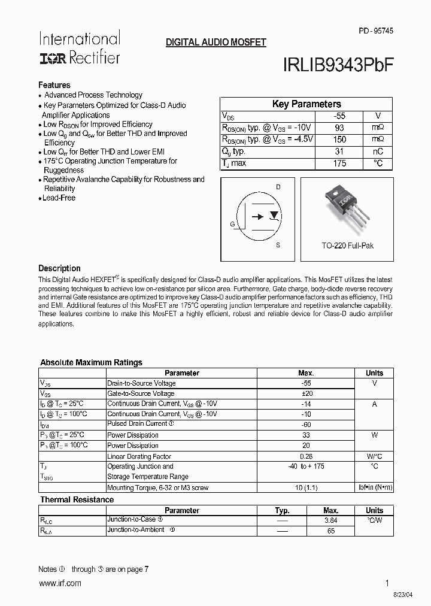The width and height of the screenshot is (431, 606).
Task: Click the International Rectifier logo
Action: point(80,48)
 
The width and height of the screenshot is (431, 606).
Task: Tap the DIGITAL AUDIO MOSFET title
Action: point(215,43)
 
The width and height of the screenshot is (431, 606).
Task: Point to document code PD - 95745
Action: point(376,31)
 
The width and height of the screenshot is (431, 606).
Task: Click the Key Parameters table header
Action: point(306,104)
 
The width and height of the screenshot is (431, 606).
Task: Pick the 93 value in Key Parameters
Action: point(339,128)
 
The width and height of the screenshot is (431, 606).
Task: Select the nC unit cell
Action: point(377,151)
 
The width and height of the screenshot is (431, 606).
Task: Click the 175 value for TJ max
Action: point(339,163)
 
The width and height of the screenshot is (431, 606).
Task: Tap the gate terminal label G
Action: point(232,224)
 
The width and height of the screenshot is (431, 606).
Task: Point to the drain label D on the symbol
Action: point(278,187)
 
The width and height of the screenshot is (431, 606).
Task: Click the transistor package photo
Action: point(347,209)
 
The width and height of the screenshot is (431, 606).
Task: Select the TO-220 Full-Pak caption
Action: point(347,246)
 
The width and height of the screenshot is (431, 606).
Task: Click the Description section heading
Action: point(59,268)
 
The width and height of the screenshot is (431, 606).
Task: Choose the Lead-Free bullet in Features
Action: point(59,198)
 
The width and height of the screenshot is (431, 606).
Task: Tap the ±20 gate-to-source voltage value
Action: point(306,393)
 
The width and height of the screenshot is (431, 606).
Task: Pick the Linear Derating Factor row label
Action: point(139,456)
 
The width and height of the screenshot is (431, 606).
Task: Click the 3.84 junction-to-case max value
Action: point(330,520)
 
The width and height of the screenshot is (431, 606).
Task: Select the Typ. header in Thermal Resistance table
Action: point(282,510)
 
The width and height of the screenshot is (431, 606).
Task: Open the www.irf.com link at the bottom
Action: point(59,583)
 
